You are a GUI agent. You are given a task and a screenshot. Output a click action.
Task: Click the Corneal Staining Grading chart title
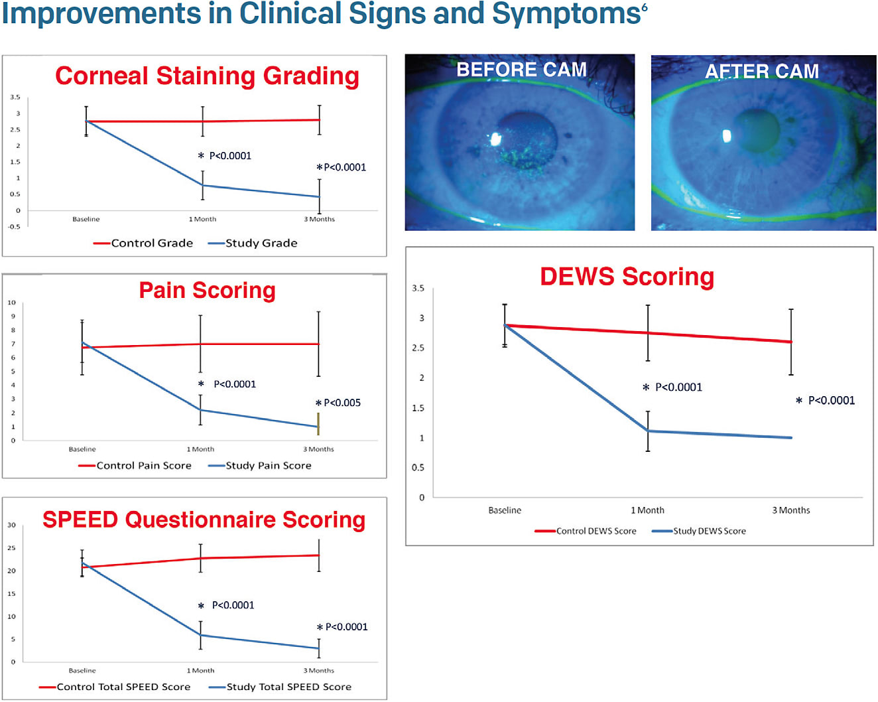click(207, 76)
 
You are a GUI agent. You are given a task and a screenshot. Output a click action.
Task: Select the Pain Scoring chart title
click(207, 290)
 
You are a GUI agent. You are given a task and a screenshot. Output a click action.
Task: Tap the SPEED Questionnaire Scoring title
click(204, 519)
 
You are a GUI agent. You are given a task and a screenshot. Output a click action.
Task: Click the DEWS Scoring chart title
click(627, 276)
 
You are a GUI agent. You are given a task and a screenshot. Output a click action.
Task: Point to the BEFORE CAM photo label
click(521, 70)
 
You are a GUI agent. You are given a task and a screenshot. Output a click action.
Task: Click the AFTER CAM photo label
click(761, 71)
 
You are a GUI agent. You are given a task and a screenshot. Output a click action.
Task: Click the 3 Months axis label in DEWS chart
click(790, 510)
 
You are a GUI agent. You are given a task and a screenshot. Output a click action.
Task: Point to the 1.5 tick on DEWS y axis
click(418, 408)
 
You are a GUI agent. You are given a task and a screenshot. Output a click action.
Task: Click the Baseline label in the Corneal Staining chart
click(86, 219)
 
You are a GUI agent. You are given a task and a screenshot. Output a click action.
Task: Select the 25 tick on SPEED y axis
click(11, 548)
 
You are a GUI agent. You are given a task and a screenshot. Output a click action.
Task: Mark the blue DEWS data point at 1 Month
click(648, 431)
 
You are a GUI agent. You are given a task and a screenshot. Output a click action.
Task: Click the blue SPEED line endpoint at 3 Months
click(319, 648)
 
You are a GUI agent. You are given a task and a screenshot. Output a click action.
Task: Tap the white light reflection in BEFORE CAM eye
click(495, 139)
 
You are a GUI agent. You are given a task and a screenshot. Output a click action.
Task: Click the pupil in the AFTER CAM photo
click(757, 131)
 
